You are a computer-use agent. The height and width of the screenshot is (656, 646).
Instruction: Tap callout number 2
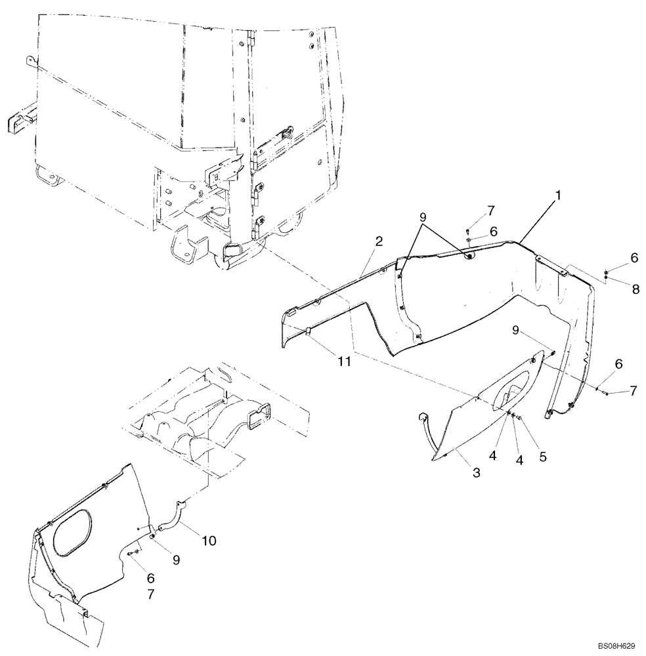[379, 242]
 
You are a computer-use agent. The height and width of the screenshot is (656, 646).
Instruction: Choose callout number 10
[209, 541]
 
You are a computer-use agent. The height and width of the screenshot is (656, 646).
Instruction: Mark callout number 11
[343, 361]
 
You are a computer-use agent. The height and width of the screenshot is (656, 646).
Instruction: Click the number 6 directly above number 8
[634, 259]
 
